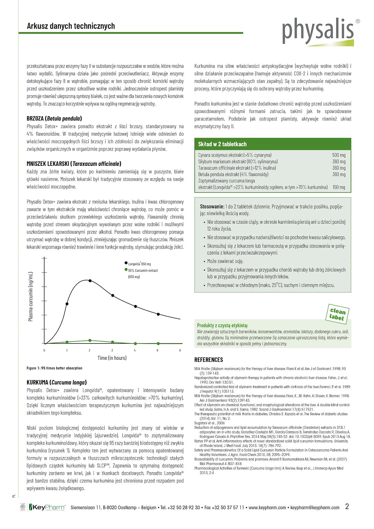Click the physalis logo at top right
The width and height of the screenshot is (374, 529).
coord(318,31)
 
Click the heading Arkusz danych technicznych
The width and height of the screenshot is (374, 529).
coord(71,26)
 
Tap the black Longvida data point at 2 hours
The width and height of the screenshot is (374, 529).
coord(90,280)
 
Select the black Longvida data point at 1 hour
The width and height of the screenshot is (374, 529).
coord(67,304)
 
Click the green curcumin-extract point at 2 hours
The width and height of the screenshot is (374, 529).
coord(90,341)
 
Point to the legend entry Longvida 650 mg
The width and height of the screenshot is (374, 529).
coord(139,264)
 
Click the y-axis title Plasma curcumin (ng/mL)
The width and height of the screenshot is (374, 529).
coord(30,296)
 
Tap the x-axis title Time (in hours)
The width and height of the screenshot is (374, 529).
coord(112,358)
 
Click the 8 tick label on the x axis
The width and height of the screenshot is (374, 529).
coord(180,350)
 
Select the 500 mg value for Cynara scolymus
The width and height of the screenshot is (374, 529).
coord(339,155)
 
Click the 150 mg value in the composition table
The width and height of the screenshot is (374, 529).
coord(339,187)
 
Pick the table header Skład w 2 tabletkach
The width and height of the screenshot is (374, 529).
coord(222,144)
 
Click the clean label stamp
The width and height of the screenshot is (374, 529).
coord(337,314)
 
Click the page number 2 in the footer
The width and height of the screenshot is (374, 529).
coord(347,506)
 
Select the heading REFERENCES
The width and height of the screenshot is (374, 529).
coord(208,360)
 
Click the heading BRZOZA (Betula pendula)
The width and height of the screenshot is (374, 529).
coord(54,118)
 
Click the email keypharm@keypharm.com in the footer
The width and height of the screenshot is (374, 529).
coord(315,508)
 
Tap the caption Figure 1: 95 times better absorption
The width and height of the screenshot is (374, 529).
coord(54,368)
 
